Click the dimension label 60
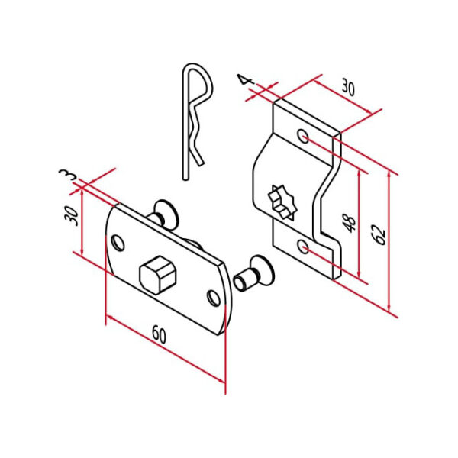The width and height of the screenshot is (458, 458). click(159, 334)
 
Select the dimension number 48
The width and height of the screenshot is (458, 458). click(349, 222)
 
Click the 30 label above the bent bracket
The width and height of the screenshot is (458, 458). click(348, 88)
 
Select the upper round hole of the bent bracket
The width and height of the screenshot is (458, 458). click(303, 137)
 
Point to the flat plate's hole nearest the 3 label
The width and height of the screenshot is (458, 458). click(118, 244)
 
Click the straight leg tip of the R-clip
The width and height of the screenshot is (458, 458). click(185, 176)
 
